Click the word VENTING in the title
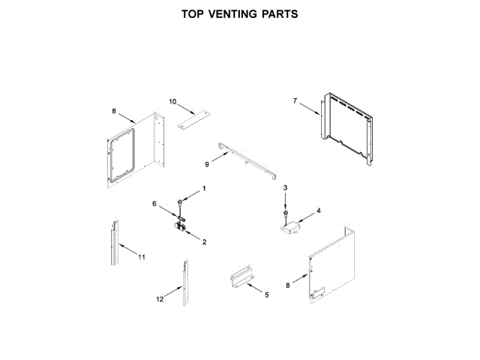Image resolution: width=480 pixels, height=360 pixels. coord(232,13)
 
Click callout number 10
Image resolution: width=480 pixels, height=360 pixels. coord(172,100)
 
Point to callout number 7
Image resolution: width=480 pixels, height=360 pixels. coord(295,101)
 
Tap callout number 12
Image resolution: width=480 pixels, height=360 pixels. coord(159,299)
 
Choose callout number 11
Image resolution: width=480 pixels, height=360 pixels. coord(141,257)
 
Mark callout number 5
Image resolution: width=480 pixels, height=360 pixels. coord(266,295)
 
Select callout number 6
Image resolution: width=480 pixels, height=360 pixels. coord(155,203)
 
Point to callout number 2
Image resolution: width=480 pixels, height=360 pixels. coord(204,241)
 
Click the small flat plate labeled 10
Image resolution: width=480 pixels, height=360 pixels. coord(193,117)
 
